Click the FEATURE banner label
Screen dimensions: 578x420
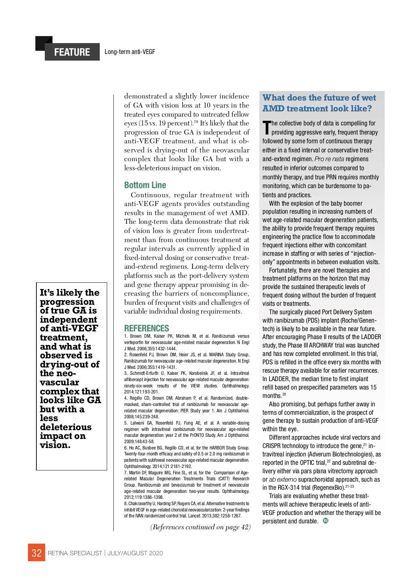coord(72,52)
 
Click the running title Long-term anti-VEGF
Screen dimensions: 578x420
coord(129,52)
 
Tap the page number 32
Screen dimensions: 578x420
coord(36,553)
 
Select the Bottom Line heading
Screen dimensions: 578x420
coord(145,185)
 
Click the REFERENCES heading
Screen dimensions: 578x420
coord(146,328)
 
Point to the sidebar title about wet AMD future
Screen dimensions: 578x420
coord(319,103)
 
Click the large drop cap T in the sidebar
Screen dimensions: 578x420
coord(267,128)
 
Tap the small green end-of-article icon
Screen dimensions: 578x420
coord(325,521)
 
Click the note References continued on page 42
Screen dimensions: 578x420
coord(200,527)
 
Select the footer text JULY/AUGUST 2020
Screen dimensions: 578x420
coord(135,553)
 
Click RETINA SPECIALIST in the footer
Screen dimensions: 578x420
coord(75,553)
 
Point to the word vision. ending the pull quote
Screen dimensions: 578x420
coord(55,445)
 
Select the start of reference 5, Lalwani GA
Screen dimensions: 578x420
coord(140,423)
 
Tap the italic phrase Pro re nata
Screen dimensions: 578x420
coord(329,159)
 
